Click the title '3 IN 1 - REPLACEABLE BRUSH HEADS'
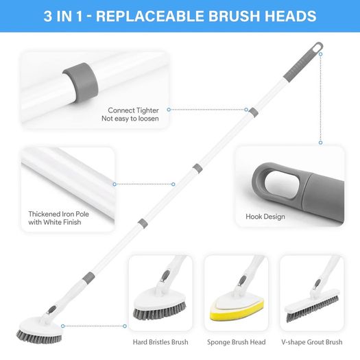180,16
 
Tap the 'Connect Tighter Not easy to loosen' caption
130,115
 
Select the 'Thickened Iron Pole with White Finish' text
58,218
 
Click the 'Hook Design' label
265,217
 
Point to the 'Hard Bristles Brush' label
160,342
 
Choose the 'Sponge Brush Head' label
237,342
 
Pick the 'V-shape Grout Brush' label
312,342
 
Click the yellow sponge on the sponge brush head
237,311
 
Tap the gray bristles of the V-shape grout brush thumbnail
313,309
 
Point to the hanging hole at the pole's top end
317,48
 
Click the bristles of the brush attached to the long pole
39,337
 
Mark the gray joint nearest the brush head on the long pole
88,278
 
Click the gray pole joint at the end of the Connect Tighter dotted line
253,112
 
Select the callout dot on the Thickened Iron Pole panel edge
115,184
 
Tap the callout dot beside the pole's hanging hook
320,54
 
